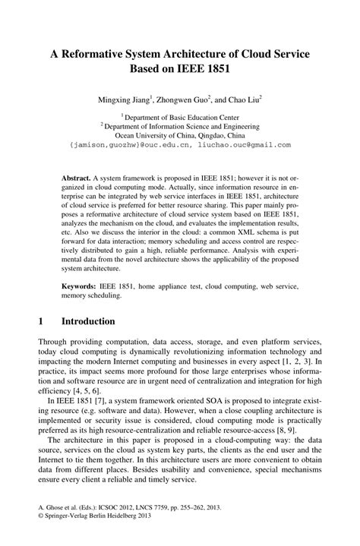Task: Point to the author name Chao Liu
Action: point(243,99)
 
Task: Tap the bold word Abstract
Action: point(75,176)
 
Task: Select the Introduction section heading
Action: point(89,322)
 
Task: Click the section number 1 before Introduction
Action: point(40,322)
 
